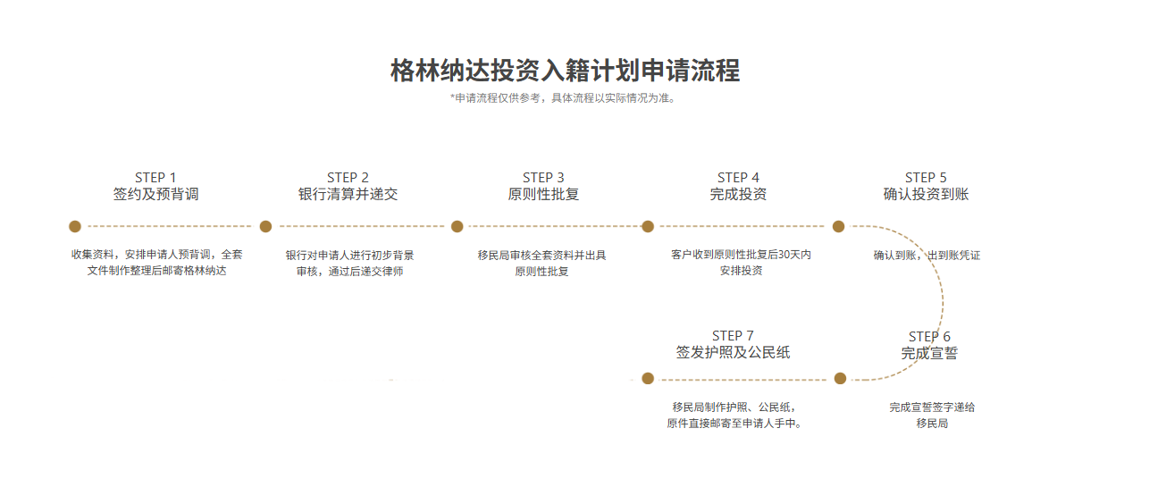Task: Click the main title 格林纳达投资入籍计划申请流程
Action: click(x=565, y=71)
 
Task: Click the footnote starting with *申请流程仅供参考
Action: click(x=563, y=98)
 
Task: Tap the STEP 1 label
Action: click(x=155, y=178)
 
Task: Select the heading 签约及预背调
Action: click(x=155, y=194)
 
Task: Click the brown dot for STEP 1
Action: click(x=75, y=226)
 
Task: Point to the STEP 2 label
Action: click(x=348, y=178)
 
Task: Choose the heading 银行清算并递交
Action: click(x=348, y=194)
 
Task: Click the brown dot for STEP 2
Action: click(x=265, y=226)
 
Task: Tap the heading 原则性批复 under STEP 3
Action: click(x=543, y=194)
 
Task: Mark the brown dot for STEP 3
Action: click(x=457, y=226)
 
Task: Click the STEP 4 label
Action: click(x=738, y=178)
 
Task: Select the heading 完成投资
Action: click(x=738, y=194)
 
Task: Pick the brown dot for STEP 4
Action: click(x=648, y=226)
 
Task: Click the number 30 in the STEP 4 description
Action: click(x=784, y=255)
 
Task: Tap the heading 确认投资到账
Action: click(x=926, y=194)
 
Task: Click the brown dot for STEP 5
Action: click(x=838, y=226)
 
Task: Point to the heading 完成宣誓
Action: click(x=929, y=353)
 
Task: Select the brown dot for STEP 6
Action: click(x=840, y=378)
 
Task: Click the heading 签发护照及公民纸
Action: click(x=733, y=352)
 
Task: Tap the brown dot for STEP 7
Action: click(x=649, y=378)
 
